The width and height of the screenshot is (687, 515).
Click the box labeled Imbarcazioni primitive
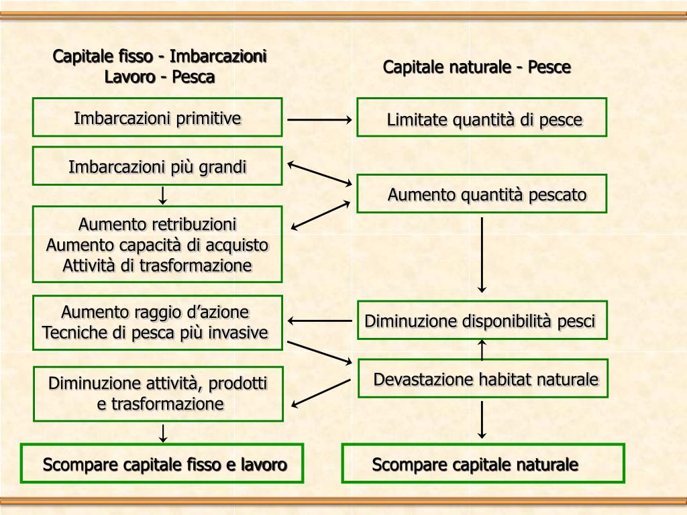157,117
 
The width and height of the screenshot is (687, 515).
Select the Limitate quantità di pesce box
482,117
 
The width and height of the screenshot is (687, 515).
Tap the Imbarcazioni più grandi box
157,166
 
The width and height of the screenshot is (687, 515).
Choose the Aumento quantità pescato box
482,194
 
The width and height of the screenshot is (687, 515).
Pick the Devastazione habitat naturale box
483,378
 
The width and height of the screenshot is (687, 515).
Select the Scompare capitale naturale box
483,463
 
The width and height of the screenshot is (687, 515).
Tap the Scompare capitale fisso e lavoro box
162,463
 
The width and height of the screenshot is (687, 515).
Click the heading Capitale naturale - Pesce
477,67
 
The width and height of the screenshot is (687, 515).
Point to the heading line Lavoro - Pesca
160,77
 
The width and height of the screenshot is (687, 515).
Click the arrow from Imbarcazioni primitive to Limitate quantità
319,120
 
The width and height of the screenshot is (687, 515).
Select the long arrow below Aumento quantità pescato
482,255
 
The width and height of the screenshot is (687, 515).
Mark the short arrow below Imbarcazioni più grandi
162,195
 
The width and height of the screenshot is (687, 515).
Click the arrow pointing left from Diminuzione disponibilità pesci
319,321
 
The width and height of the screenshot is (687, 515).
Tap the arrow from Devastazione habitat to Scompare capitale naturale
482,420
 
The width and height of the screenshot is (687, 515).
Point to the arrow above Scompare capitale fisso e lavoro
162,433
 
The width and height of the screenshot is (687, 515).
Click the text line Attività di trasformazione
157,266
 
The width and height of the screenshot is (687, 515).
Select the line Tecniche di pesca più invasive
155,333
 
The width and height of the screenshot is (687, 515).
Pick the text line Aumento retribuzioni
157,224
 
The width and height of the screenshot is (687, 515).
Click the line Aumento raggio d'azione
155,312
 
